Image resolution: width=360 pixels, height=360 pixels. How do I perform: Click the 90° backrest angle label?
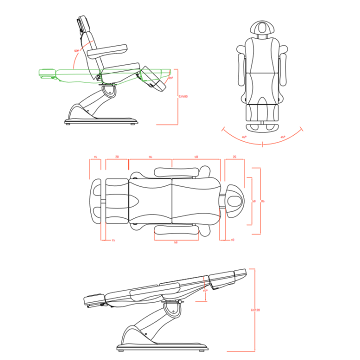pos(76,51)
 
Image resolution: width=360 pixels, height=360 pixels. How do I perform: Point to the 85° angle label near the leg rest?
pos(170,78)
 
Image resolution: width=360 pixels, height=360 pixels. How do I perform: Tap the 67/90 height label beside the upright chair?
pos(183,96)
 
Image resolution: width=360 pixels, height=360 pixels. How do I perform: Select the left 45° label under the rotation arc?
pos(244,136)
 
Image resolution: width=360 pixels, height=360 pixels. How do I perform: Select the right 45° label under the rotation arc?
pos(282,136)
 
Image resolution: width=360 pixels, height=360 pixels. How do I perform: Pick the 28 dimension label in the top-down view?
pos(117,157)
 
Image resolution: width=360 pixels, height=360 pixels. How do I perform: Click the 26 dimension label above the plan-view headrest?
pos(234,157)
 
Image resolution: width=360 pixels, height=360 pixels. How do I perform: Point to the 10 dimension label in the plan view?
pos(233,240)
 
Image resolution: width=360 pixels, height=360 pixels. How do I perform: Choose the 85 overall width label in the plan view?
pos(263,201)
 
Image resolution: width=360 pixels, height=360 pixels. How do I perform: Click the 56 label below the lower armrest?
pos(176,243)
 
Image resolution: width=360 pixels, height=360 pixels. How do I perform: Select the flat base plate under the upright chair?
pos(100,120)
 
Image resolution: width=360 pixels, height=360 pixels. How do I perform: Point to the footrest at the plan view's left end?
pos(96,200)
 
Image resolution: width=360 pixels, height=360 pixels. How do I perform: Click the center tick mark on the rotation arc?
pos(263,144)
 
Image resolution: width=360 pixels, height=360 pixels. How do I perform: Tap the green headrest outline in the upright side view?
pos(48,74)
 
